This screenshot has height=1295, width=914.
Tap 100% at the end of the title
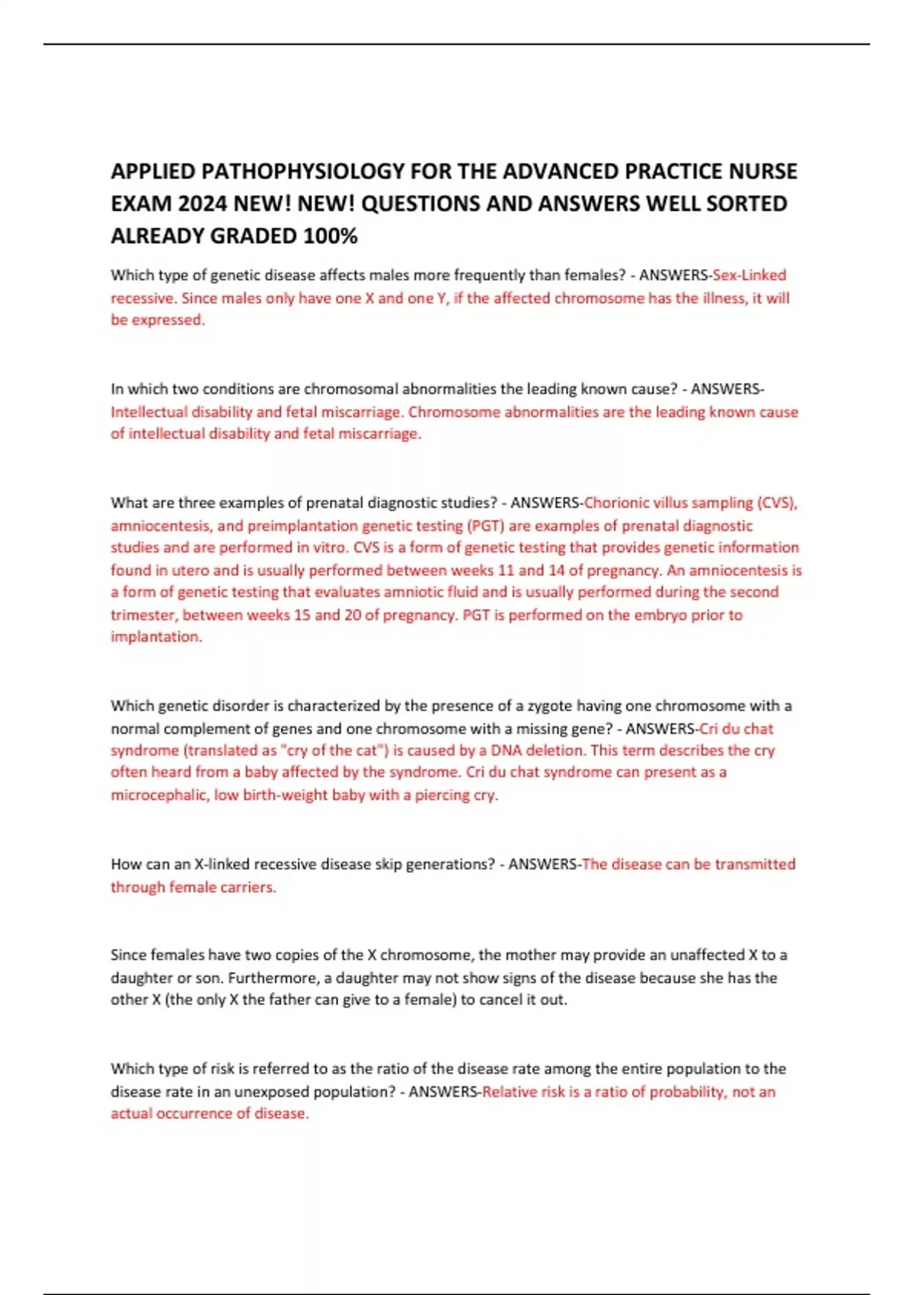click(x=330, y=237)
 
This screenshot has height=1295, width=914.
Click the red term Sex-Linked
click(x=749, y=275)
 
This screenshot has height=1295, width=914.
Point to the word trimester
click(x=143, y=615)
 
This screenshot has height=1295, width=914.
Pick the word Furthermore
click(x=273, y=977)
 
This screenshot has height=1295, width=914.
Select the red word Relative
click(x=510, y=1092)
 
